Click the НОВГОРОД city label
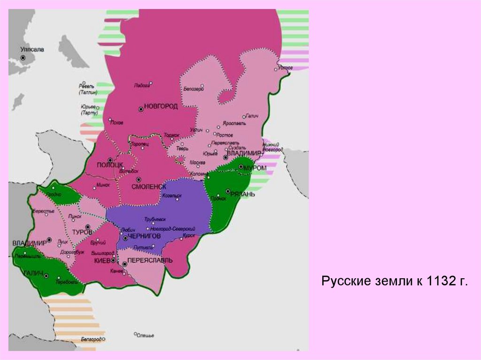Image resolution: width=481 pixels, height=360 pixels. coord(161,107)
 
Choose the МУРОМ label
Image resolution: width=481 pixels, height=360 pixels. coord(255,168)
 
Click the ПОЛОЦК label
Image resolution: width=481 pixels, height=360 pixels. coord(109,165)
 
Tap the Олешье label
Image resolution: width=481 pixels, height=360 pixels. coord(146,335)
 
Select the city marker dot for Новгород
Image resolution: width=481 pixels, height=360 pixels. coord(140,109)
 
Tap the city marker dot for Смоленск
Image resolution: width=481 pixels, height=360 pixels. coord(138,179)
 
